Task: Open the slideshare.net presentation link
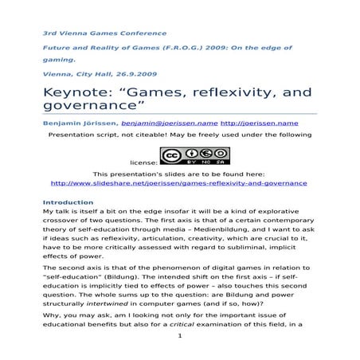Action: [178, 183]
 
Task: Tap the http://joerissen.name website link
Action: [259, 123]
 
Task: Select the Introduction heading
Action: [68, 202]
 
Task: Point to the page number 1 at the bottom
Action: [181, 335]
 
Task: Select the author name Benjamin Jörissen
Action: [80, 123]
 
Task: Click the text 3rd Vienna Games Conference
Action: [104, 33]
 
